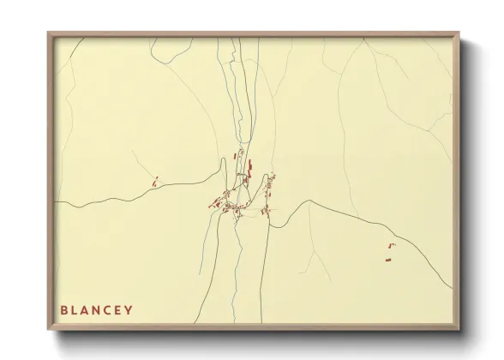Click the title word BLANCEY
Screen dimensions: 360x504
[x=96, y=309]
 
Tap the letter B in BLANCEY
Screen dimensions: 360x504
[x=63, y=309]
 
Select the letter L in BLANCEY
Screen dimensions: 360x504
[x=75, y=309]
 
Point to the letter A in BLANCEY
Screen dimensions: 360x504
[x=86, y=309]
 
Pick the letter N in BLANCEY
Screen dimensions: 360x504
[x=97, y=309]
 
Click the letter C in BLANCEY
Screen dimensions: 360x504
[x=108, y=309]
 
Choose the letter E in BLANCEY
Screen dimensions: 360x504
[x=118, y=309]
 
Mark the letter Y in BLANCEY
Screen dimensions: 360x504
[x=129, y=309]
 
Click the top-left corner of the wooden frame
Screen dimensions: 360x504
[x=49, y=33]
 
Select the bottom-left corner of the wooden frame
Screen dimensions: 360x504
[x=49, y=328]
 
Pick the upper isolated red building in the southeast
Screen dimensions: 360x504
[x=393, y=246]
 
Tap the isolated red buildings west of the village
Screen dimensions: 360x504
[x=155, y=181]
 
